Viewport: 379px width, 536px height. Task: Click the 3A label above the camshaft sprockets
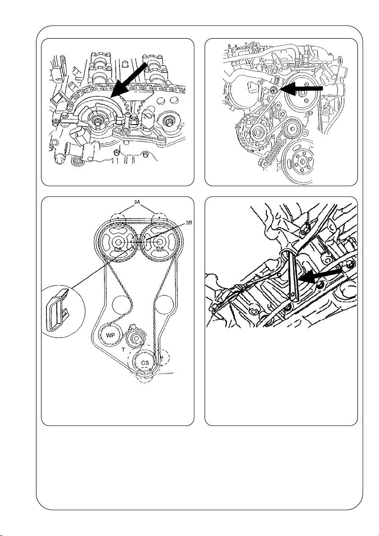click(x=137, y=202)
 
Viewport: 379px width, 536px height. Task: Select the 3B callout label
click(x=189, y=223)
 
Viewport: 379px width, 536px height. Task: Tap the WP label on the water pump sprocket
click(x=110, y=335)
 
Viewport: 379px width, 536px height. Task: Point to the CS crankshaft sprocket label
click(x=145, y=362)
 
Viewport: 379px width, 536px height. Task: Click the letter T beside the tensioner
click(x=123, y=350)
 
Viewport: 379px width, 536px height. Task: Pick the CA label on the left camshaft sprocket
click(x=118, y=249)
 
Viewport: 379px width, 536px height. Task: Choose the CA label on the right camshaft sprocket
click(x=160, y=249)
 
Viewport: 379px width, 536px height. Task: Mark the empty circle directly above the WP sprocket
click(x=122, y=303)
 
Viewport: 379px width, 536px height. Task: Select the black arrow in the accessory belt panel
click(x=301, y=89)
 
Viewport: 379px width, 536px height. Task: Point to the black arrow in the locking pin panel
click(x=320, y=275)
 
